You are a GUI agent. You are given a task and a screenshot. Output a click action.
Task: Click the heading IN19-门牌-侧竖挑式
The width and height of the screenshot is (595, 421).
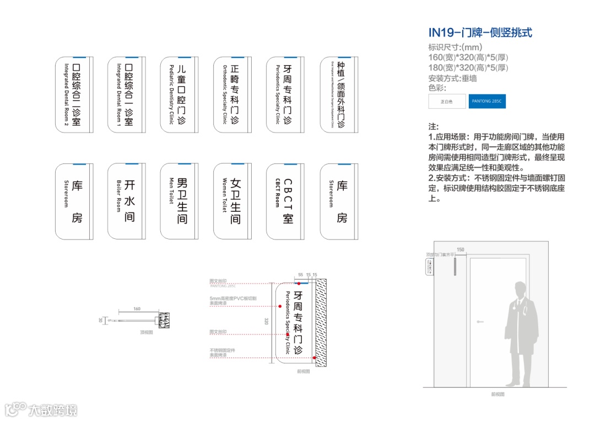480,33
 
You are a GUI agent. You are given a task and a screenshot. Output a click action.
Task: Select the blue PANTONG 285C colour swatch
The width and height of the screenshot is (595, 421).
486,102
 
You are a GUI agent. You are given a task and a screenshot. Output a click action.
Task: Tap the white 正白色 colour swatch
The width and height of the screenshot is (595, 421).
447,102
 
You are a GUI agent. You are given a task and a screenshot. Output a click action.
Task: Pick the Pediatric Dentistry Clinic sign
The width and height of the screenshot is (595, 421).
178,94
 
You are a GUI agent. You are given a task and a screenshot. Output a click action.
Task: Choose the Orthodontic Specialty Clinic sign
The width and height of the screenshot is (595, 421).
232,94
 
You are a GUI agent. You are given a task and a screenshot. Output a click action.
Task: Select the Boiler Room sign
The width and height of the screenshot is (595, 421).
126,201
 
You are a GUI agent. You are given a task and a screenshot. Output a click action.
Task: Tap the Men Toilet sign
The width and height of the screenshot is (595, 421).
178,201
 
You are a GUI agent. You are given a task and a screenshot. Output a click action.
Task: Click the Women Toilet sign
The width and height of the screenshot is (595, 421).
232,201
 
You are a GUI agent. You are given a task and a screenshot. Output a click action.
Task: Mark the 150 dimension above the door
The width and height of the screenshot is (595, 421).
461,250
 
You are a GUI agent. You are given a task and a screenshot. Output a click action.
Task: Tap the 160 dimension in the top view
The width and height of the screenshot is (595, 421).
137,309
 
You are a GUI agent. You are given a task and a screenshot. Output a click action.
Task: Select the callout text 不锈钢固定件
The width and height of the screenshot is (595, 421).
222,350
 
